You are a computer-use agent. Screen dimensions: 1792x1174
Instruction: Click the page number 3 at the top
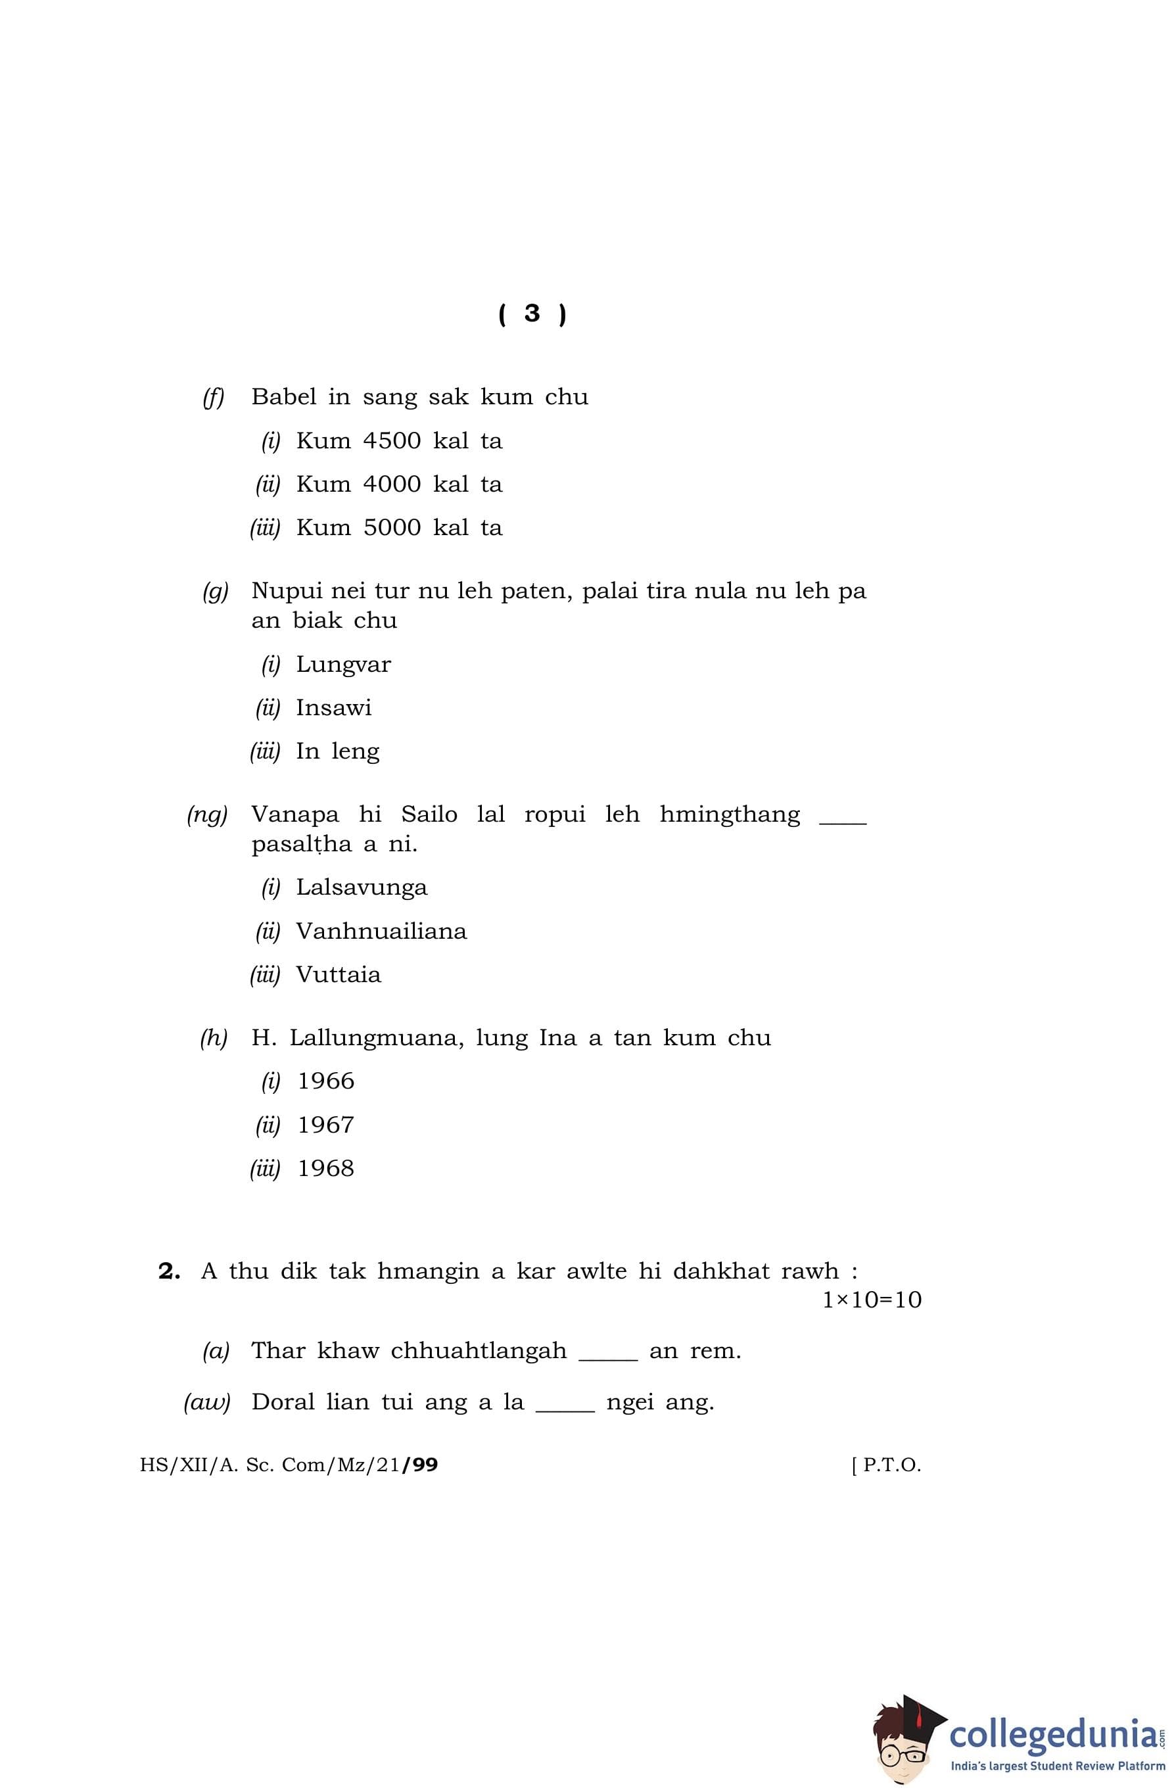point(532,313)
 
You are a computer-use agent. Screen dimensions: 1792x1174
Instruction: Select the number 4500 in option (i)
point(392,440)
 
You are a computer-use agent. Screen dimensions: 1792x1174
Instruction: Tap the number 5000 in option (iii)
point(392,528)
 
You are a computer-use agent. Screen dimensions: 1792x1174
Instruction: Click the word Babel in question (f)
point(284,397)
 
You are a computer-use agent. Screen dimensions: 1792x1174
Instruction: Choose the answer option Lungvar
point(343,665)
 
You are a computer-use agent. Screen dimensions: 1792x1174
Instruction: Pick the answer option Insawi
point(334,708)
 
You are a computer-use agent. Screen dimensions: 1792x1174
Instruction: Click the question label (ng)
point(207,814)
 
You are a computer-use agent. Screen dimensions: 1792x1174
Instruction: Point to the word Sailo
point(429,814)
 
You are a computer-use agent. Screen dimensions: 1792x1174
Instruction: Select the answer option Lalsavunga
point(362,887)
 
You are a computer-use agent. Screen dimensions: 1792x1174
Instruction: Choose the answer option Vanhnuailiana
point(381,931)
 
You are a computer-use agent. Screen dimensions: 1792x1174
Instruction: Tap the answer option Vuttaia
point(338,975)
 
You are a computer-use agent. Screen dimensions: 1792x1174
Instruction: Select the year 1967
point(325,1125)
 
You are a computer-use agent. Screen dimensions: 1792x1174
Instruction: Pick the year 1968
point(325,1169)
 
